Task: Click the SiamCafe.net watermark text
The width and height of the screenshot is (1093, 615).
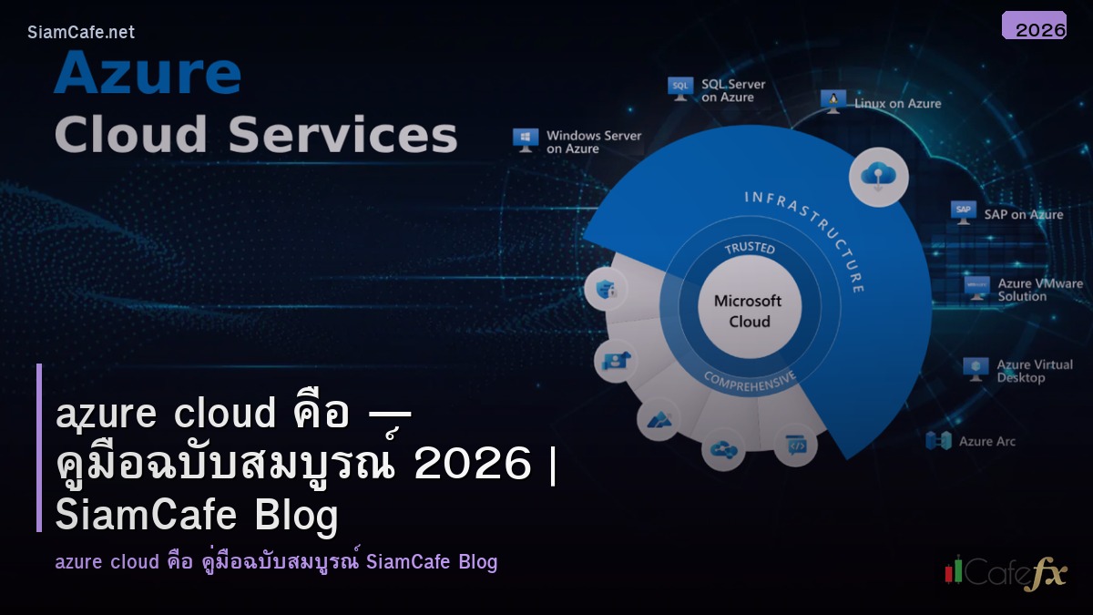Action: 81,33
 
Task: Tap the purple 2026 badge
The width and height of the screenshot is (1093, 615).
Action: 1034,26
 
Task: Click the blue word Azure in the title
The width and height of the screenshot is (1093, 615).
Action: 148,75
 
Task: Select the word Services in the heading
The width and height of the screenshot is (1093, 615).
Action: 342,135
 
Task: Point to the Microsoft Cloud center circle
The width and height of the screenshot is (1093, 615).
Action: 748,311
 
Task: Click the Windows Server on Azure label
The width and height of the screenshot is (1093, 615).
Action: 594,142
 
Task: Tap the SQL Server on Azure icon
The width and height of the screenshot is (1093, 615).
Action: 679,87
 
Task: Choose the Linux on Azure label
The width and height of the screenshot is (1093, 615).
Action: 897,104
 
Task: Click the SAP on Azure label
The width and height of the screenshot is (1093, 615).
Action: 1023,215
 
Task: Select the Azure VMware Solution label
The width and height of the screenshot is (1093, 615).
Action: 1039,290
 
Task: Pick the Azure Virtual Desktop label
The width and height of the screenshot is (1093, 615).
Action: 1034,371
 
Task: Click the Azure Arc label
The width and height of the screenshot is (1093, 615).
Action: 986,442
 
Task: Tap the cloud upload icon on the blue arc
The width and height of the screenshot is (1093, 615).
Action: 878,176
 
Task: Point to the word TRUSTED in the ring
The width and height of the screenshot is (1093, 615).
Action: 749,249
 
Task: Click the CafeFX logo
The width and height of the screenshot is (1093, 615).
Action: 1005,573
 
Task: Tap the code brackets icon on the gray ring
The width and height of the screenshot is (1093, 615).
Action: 795,446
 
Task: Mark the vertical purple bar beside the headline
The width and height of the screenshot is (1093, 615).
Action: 39,447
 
